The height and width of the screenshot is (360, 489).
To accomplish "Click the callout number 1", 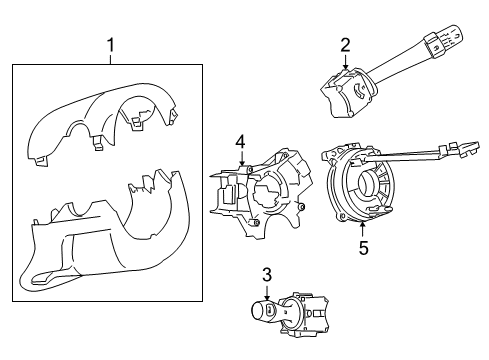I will (x=111, y=45).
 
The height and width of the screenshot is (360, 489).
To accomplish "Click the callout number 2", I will (x=344, y=44).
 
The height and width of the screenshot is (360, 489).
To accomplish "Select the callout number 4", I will (x=240, y=144).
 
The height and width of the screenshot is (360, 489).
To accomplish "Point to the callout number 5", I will (x=364, y=248).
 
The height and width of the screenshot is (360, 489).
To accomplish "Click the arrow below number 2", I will (x=344, y=62).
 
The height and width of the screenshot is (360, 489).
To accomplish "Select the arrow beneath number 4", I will (x=240, y=160).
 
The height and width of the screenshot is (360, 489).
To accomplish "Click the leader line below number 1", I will (x=111, y=58).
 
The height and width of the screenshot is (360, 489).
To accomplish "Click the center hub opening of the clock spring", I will (x=372, y=188).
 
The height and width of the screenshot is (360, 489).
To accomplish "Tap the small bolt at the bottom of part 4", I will (x=257, y=222).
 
